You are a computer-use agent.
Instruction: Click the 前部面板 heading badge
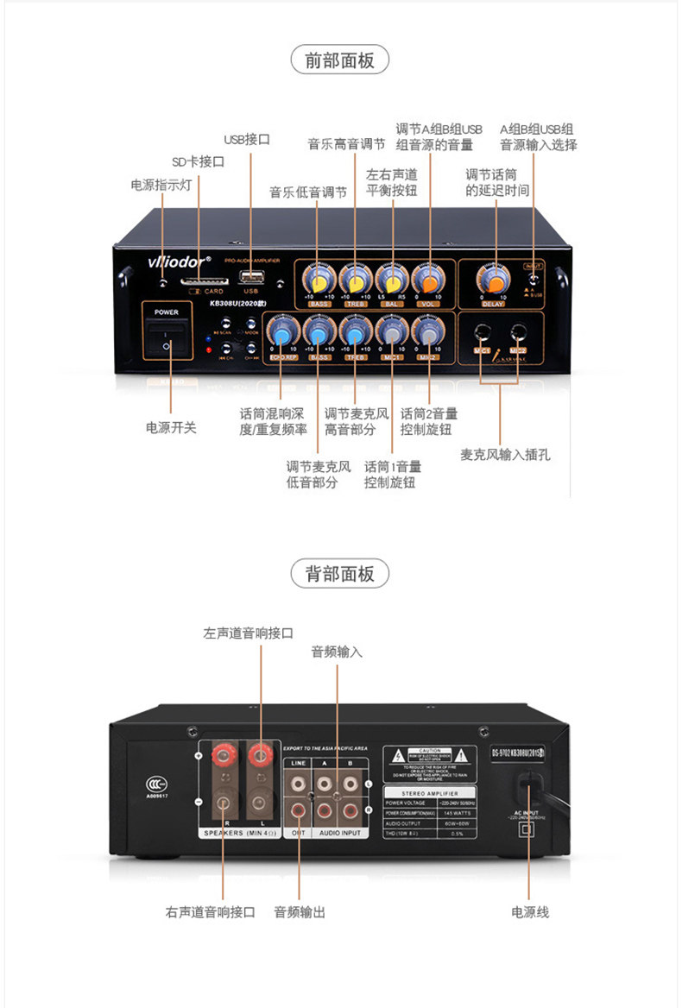pos(340,60)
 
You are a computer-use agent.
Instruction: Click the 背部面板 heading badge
pos(340,573)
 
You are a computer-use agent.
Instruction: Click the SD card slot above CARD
pos(205,280)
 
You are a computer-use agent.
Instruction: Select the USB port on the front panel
pos(251,277)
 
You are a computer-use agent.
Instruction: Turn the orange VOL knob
pos(429,280)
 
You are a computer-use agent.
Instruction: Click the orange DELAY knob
pos(493,280)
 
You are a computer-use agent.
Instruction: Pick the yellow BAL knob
pos(392,280)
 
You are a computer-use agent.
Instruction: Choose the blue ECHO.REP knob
pos(281,331)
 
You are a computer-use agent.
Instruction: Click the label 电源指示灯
pos(161,185)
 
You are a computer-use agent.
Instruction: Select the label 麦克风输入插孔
pos(505,454)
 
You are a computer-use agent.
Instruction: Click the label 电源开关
pos(170,427)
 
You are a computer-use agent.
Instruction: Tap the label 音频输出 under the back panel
pos(300,911)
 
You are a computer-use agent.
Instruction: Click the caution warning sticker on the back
pos(430,764)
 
